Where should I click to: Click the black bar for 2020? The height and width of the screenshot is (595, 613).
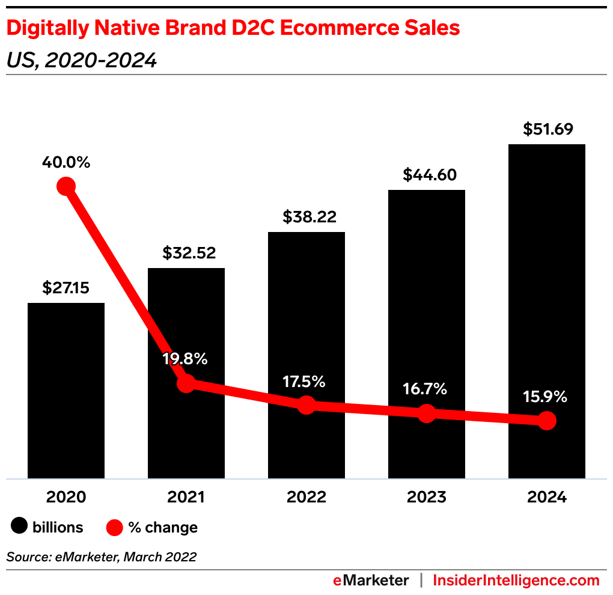click(x=66, y=391)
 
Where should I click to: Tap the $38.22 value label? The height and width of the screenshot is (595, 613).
click(x=306, y=216)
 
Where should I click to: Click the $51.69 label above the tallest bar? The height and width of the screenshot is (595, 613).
click(x=547, y=129)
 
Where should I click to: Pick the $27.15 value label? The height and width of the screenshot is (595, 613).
click(x=66, y=288)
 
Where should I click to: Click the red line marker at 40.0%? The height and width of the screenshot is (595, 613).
click(x=66, y=186)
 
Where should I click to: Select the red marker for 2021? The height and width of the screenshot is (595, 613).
click(x=186, y=383)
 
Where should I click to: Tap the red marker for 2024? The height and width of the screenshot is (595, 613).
click(x=546, y=421)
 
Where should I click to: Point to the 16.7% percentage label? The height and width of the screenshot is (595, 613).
click(x=425, y=389)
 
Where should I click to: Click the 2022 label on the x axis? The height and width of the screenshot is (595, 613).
click(x=306, y=497)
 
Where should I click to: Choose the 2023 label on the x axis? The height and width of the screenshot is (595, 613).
click(x=426, y=497)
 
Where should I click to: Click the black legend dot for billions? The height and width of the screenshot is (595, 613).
click(x=19, y=527)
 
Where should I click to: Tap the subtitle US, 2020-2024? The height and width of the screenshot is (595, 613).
click(x=82, y=60)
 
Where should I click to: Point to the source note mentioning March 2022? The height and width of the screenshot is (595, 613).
click(x=101, y=557)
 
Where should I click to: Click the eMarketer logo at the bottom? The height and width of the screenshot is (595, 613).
click(x=371, y=581)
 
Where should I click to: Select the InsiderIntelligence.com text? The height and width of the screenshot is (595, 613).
click(x=516, y=581)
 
